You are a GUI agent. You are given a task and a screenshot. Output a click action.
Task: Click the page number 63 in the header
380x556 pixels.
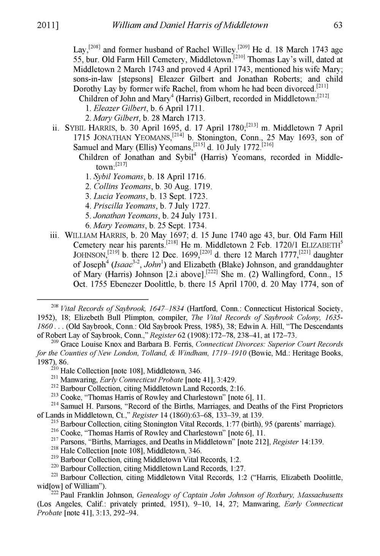(x=337, y=25)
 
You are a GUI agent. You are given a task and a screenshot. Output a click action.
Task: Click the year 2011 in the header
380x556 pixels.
(x=49, y=25)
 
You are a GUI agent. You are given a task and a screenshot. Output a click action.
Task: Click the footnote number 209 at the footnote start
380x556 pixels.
(x=55, y=343)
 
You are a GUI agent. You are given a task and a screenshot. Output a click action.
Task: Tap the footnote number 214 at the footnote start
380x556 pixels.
(x=55, y=405)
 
